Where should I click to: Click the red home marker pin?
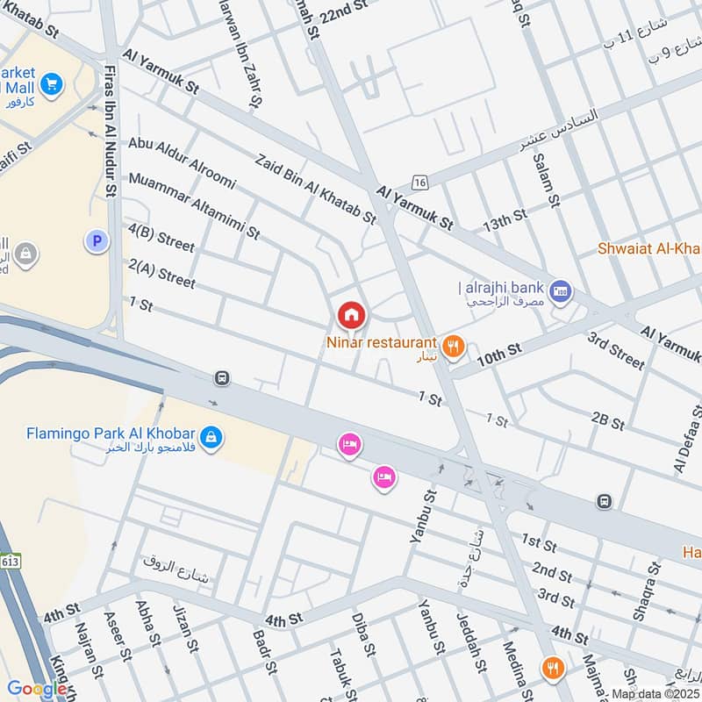point(351,314)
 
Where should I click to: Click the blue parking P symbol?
point(95,239)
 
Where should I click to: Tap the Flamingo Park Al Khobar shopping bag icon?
point(210,435)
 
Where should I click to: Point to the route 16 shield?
point(420,182)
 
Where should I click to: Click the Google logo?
point(37,689)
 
